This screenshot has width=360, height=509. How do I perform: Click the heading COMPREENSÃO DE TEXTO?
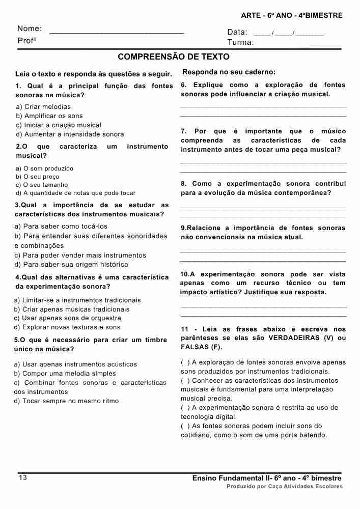click(x=173, y=56)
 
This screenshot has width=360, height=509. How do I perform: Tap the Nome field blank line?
click(x=117, y=32)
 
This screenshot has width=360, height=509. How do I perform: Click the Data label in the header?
click(x=237, y=32)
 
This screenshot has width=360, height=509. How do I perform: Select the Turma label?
click(x=240, y=42)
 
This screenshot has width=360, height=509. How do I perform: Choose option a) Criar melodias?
click(x=43, y=107)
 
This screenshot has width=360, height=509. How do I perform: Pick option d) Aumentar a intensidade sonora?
click(x=70, y=134)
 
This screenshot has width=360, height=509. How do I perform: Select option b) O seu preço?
click(x=38, y=177)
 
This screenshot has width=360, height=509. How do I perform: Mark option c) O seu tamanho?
click(x=42, y=185)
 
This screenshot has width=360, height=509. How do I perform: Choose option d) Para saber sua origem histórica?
click(x=71, y=265)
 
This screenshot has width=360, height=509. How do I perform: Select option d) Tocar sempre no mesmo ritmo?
click(x=66, y=401)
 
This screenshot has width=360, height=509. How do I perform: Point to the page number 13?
click(x=22, y=477)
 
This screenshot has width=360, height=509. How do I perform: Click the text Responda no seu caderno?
click(x=229, y=72)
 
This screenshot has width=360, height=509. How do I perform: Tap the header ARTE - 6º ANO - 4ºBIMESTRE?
click(x=292, y=15)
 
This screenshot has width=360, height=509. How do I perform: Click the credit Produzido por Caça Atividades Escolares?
click(x=285, y=487)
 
